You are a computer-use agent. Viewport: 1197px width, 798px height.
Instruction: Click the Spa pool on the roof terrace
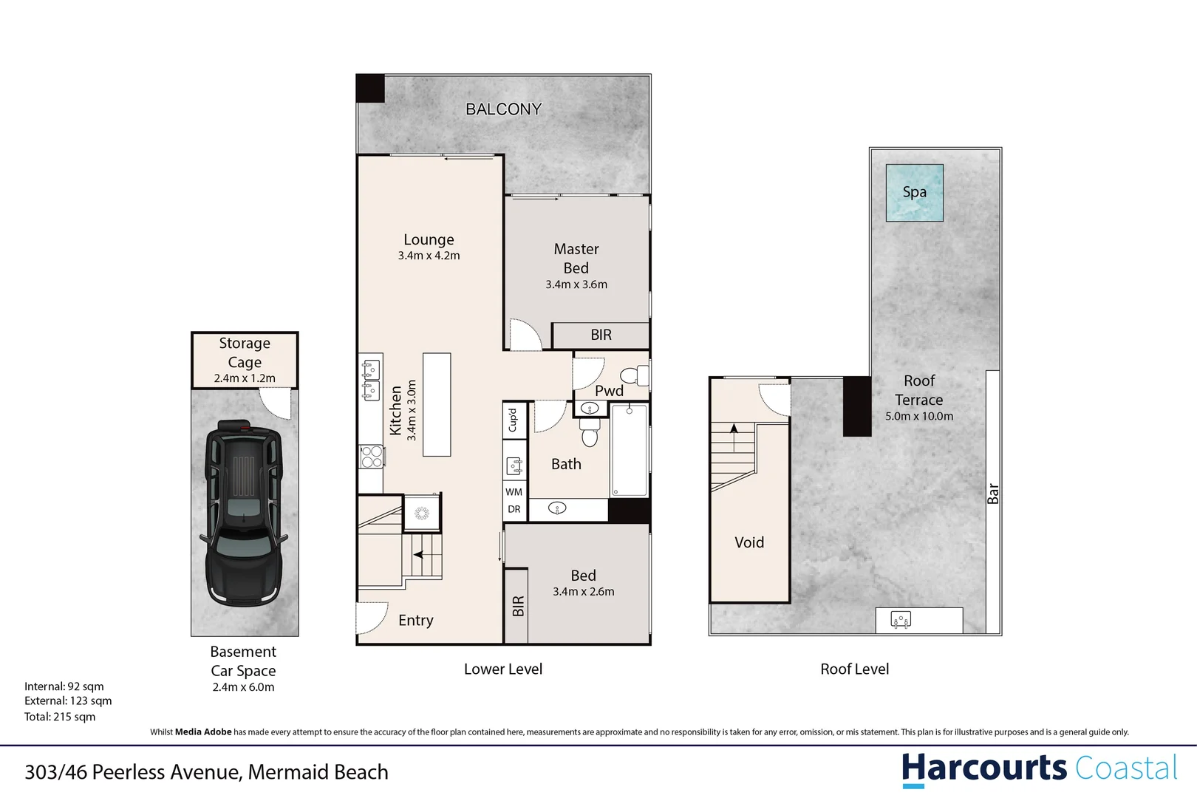coord(914,193)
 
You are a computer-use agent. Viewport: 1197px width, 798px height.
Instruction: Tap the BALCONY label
coord(503,109)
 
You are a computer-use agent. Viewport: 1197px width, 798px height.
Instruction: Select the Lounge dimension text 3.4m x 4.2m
coord(429,256)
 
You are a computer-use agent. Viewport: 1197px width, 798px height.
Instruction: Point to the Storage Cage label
coord(245,352)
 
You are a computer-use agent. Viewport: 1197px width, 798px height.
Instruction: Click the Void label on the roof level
coord(749,542)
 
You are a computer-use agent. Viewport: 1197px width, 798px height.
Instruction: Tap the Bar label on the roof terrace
coord(993,494)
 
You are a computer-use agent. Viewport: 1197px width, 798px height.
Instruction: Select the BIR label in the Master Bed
coord(601,335)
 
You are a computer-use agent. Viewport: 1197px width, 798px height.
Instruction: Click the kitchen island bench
coord(437,404)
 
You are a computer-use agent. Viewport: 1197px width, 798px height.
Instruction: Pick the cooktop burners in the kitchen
coord(371,457)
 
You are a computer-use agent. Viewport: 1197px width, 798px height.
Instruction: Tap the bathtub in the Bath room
coord(630,450)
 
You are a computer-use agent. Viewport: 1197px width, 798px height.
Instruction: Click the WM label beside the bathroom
coord(514,492)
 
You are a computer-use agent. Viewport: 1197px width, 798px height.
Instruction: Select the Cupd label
coord(513,420)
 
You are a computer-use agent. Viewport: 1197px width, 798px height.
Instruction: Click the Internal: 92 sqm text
coord(64,686)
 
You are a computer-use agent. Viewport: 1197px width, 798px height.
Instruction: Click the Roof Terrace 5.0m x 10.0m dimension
coord(919,417)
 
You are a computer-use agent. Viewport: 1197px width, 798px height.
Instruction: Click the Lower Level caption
coord(502,669)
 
